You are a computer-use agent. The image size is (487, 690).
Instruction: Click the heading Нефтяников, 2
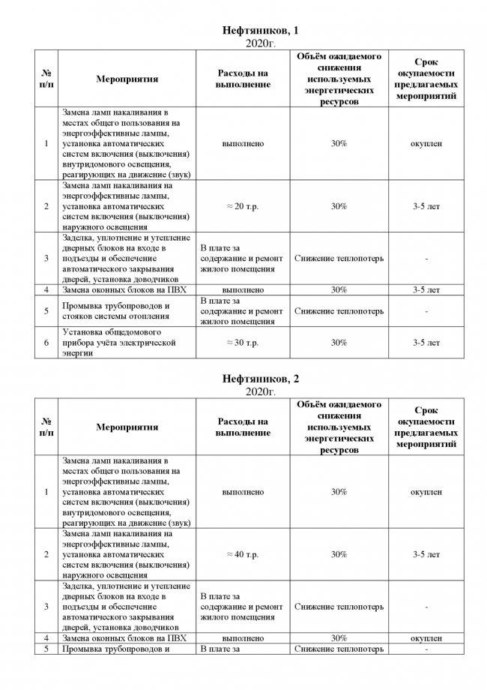pyautogui.click(x=261, y=379)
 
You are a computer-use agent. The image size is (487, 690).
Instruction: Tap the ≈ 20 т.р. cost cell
pyautogui.click(x=242, y=206)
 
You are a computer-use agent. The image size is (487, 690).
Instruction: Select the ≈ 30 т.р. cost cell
pyautogui.click(x=242, y=343)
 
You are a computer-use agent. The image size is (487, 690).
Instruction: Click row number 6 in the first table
pyautogui.click(x=46, y=343)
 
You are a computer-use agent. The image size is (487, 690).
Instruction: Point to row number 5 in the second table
pyautogui.click(x=46, y=649)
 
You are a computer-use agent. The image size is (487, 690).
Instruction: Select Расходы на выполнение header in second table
pyautogui.click(x=242, y=427)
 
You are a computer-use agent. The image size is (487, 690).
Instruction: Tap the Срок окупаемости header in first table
pyautogui.click(x=426, y=79)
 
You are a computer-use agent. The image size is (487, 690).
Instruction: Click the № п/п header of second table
pyautogui.click(x=46, y=427)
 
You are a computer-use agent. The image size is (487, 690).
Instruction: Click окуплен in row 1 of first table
pyautogui.click(x=426, y=143)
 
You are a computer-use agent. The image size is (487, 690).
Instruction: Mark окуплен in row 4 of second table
pyautogui.click(x=426, y=638)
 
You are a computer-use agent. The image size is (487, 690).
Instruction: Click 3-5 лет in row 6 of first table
pyautogui.click(x=426, y=343)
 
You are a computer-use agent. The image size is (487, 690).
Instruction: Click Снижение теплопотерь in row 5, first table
pyautogui.click(x=339, y=311)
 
